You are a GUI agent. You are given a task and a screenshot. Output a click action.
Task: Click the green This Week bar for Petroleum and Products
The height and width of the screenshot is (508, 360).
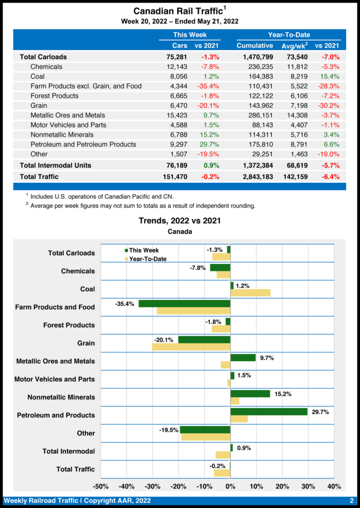click(269, 412)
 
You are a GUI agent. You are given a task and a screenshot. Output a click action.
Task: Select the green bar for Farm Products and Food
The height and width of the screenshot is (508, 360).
click(184, 304)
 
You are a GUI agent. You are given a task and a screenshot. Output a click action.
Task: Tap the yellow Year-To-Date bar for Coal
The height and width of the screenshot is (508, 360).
click(250, 293)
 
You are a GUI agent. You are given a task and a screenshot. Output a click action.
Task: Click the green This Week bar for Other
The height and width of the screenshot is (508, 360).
click(205, 430)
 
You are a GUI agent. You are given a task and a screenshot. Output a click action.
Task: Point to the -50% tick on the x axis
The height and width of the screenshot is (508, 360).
click(101, 486)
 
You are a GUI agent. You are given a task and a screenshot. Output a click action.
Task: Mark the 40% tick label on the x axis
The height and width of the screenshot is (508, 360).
click(334, 486)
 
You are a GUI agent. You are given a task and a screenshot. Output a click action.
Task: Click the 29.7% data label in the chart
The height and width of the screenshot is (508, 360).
click(320, 412)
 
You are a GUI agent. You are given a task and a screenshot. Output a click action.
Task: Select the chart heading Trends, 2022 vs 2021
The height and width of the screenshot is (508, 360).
click(180, 221)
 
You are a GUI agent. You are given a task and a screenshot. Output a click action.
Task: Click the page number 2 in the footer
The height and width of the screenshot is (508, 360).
click(351, 501)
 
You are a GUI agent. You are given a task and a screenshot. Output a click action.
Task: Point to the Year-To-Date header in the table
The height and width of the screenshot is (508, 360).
click(289, 35)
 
